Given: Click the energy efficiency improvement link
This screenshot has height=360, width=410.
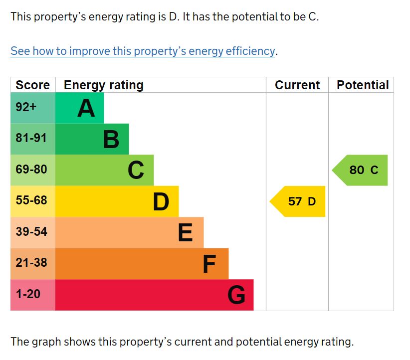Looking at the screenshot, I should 143,51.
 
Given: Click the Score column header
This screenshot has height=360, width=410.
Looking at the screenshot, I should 33,85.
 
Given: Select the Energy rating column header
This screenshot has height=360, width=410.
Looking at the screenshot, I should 104,85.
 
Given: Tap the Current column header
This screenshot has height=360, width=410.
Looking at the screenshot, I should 297,85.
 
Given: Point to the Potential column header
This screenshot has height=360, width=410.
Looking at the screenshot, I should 363,85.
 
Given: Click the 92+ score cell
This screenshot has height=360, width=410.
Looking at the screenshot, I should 26,107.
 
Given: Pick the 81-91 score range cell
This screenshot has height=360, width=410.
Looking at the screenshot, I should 31,138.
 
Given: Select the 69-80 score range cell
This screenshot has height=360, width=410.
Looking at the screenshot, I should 31,170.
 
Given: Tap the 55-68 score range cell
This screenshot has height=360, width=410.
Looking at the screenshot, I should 31,200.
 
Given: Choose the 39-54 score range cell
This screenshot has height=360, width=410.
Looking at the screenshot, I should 31,232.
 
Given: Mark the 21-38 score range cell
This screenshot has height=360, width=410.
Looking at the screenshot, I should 31,263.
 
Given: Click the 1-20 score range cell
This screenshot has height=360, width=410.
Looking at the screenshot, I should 28,294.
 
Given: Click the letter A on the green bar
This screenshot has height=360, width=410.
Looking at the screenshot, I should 86,108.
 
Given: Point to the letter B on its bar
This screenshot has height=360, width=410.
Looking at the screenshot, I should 111,140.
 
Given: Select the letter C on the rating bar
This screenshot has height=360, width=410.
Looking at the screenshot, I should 136,171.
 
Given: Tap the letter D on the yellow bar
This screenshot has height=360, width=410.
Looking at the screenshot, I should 161,202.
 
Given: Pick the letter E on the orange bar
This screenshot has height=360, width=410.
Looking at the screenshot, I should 186,233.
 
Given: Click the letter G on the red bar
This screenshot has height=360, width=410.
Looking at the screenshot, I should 236,295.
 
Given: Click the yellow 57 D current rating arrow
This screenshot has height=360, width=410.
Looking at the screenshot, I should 299,201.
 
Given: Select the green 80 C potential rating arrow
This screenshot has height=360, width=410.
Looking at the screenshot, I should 361,170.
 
